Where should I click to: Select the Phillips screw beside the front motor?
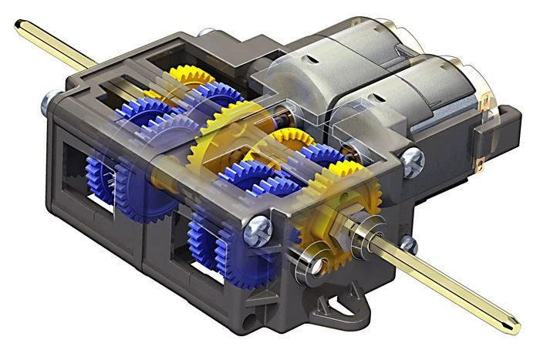[413, 160]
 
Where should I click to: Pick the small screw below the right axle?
[409, 246]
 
